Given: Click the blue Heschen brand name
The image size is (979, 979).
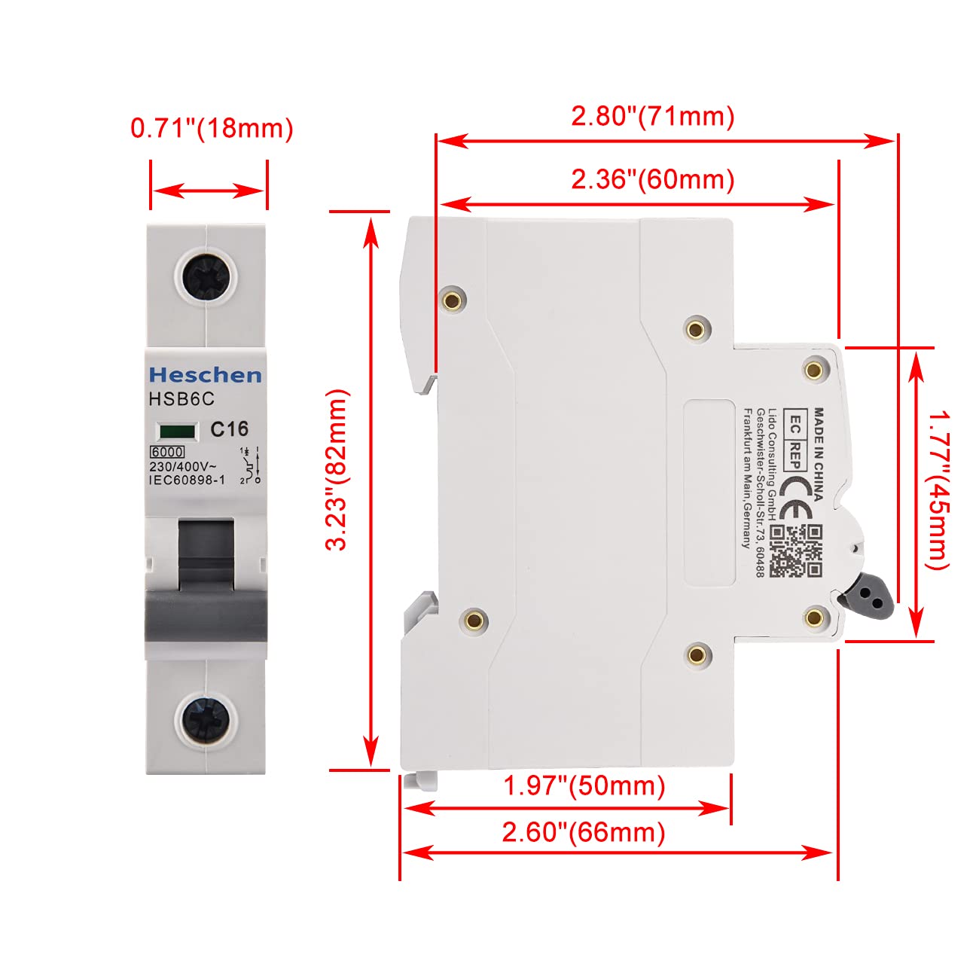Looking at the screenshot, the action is [206, 375].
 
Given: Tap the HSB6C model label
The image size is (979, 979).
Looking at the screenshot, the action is [181, 399].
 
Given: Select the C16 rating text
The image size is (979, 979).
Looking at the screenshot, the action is [229, 429].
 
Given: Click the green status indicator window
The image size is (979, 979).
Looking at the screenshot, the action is [177, 432].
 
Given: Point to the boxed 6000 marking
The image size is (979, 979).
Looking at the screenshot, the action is [166, 452].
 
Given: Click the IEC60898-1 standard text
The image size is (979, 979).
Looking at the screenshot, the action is [187, 480].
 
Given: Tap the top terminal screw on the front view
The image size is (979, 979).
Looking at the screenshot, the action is [206, 278].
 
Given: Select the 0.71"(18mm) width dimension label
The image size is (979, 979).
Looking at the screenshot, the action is [212, 128].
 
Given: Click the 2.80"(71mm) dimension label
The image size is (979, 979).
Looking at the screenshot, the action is [653, 116].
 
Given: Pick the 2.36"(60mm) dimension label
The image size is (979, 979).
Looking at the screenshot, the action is [653, 180].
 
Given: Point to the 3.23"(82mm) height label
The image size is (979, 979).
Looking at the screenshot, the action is [337, 470].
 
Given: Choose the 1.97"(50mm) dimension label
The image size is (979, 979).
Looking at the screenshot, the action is [584, 786].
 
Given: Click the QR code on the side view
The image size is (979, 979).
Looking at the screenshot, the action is [795, 551].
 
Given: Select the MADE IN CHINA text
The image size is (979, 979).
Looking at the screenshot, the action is [818, 453].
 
